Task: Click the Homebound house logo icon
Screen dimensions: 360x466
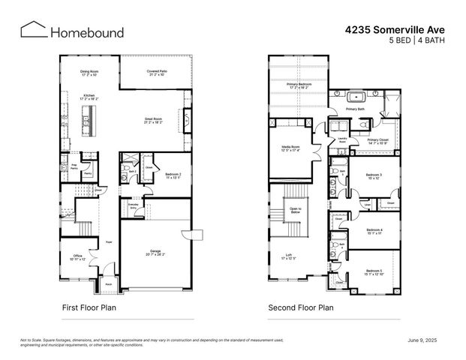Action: click(32, 30)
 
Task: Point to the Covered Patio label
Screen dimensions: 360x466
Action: click(158, 71)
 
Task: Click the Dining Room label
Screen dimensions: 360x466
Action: click(90, 72)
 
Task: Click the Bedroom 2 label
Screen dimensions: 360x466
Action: click(174, 174)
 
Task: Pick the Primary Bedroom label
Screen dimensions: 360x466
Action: click(299, 85)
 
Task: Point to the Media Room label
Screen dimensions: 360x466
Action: click(290, 147)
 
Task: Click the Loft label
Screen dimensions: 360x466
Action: click(289, 256)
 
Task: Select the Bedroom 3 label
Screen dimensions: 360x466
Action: click(373, 175)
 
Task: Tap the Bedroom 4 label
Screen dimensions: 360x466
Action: click(374, 229)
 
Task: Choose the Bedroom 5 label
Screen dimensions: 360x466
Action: click(374, 271)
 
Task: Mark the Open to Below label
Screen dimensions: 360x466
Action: click(295, 210)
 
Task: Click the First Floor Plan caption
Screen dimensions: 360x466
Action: click(89, 307)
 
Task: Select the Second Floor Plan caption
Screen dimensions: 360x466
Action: click(301, 307)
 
